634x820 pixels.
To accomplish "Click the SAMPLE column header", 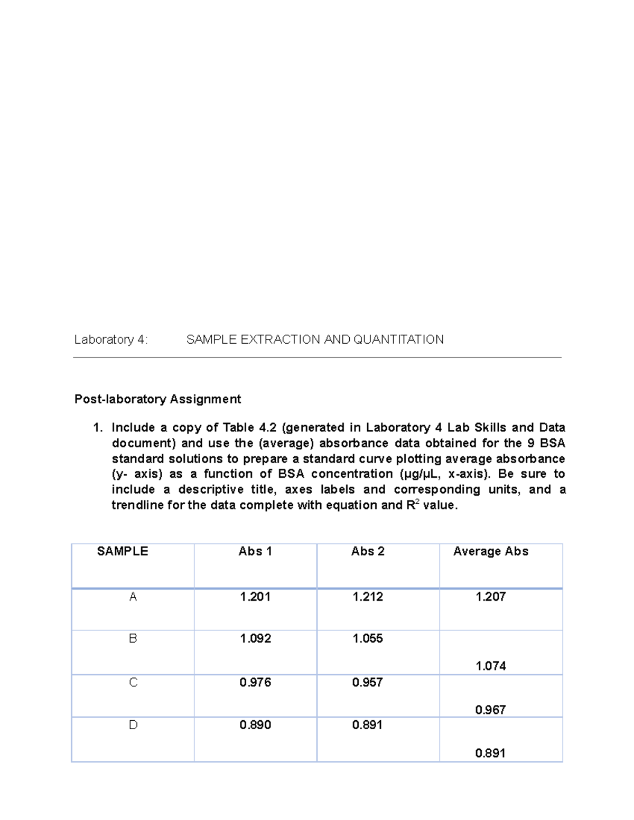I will (123, 551).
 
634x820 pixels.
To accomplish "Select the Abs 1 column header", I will (255, 551).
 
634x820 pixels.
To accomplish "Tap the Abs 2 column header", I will (368, 551).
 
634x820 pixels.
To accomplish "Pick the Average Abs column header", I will (491, 551).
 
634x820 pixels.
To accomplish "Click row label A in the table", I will (133, 597).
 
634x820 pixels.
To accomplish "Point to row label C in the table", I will (133, 682).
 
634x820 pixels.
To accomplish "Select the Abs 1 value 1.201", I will (255, 597).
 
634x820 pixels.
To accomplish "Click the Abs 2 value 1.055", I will (368, 638).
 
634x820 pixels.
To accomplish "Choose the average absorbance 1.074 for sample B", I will (491, 666).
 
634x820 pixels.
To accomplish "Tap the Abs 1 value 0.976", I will (255, 682).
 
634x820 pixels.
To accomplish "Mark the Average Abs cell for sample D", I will (490, 753).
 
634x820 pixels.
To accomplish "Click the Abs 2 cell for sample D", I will (367, 725).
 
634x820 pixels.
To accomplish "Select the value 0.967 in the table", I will (490, 710).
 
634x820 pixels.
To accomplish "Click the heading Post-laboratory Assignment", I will (157, 399).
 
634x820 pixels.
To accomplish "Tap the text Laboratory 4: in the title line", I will (111, 340).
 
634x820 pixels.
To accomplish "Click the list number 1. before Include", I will (98, 428).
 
